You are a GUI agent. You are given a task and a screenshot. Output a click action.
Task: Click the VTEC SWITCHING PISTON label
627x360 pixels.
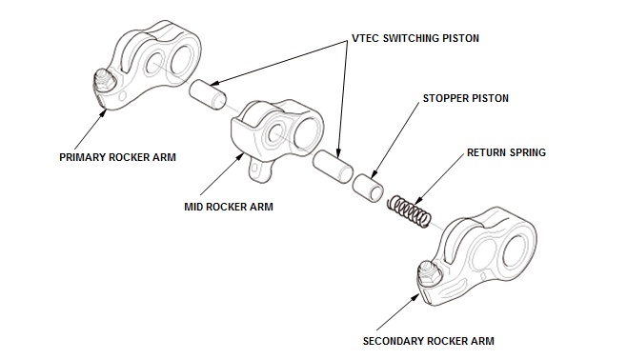tap(415, 38)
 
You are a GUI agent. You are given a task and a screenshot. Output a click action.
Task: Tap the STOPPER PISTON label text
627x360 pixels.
tap(465, 98)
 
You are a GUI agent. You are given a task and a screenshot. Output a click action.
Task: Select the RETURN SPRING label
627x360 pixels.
tap(506, 152)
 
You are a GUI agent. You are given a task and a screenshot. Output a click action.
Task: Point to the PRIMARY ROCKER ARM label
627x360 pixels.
tap(117, 157)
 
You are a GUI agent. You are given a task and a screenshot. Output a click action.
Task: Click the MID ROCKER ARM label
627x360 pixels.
tap(229, 207)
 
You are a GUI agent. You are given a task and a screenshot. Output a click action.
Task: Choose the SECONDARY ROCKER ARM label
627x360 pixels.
tap(428, 341)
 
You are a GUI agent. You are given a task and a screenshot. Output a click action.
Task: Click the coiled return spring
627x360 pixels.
tap(409, 210)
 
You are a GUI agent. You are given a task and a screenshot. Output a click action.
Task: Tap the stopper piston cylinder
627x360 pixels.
tap(368, 187)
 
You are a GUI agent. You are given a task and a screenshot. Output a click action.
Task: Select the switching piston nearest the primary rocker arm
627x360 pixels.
tap(208, 94)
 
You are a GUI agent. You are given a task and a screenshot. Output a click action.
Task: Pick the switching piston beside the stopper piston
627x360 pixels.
tap(333, 167)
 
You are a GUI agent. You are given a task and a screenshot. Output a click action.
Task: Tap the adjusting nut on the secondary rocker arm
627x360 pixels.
tap(429, 272)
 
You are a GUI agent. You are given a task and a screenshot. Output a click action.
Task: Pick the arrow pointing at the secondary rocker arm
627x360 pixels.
tap(398, 312)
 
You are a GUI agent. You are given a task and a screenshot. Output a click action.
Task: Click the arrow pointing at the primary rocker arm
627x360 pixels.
tap(91, 129)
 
